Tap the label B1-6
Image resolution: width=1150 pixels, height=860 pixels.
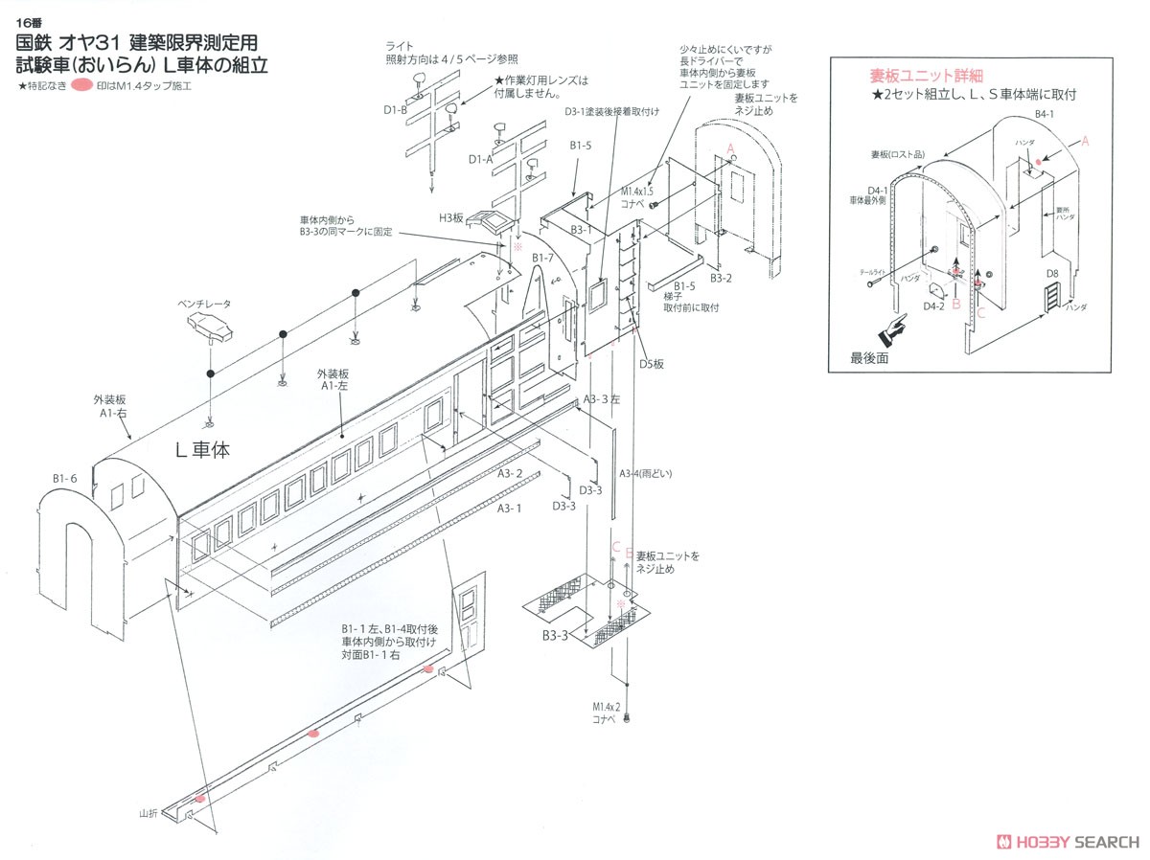point(65,477)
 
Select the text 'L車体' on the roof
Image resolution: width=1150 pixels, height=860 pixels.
point(203,449)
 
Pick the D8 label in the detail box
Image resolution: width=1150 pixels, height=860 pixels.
point(1051,274)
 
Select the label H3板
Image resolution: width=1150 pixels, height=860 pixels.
point(452,218)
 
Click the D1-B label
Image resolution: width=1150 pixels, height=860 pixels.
point(396,110)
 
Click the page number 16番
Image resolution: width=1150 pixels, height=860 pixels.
point(30,25)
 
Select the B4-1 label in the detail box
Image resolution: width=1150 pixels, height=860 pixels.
point(1045,114)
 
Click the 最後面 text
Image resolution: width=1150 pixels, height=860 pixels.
point(870,358)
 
